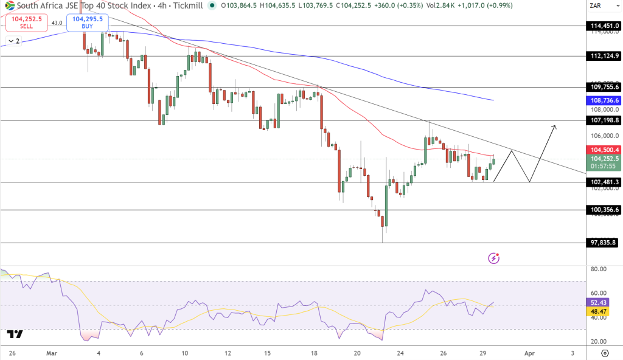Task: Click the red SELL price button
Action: point(26,22)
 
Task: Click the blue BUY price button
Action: point(87,22)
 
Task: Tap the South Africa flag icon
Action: point(9,5)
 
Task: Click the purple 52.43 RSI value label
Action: point(598,302)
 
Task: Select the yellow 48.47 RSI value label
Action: point(598,311)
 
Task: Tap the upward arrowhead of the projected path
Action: point(554,126)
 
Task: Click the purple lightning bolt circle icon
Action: point(494,258)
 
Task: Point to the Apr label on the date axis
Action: point(529,353)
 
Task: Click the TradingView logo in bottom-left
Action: point(15,334)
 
